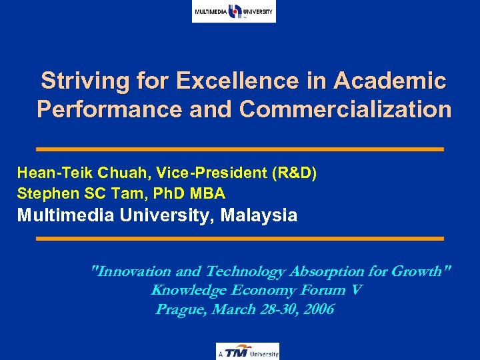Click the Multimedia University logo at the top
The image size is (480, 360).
pyautogui.click(x=233, y=11)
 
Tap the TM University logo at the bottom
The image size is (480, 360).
pyautogui.click(x=247, y=351)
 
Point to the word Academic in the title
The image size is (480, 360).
pyautogui.click(x=390, y=81)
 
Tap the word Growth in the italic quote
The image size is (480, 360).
pyautogui.click(x=419, y=271)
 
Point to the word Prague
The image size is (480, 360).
pyautogui.click(x=180, y=309)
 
